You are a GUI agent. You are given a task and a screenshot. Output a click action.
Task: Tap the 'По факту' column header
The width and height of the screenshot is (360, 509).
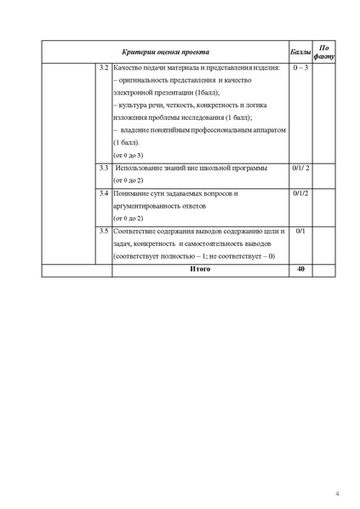(323, 52)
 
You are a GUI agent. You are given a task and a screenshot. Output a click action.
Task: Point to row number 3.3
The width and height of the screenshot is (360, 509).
(103, 169)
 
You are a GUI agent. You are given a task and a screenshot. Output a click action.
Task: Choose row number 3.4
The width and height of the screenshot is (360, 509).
(103, 194)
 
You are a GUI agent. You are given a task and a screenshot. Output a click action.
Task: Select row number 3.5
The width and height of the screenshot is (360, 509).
(103, 232)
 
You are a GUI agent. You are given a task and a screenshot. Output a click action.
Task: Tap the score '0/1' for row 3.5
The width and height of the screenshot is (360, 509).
(300, 232)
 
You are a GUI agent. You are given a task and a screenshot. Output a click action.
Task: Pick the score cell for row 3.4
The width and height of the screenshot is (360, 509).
(300, 194)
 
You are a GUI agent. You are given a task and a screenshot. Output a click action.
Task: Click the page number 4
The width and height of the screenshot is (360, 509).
(336, 493)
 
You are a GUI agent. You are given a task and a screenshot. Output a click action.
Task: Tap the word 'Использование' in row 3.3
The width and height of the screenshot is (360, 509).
(143, 169)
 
